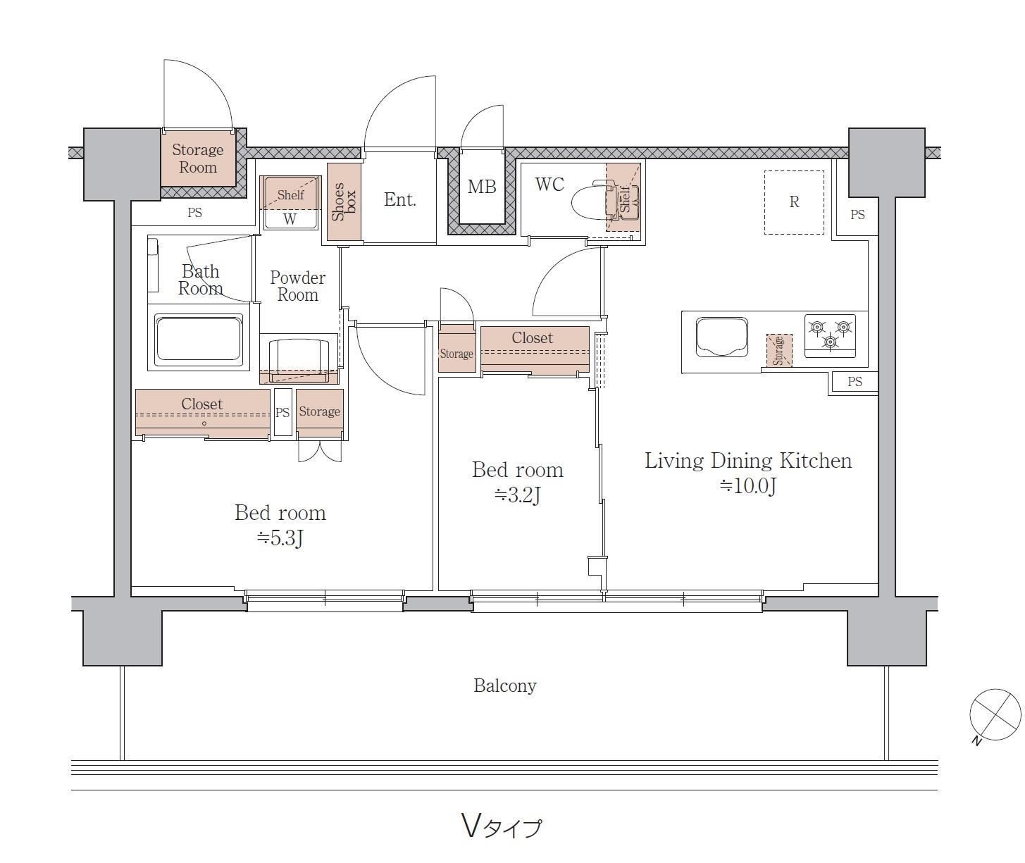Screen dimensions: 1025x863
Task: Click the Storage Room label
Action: [x=198, y=158]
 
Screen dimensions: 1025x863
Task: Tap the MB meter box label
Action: [x=482, y=187]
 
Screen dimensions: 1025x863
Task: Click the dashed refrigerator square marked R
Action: [x=794, y=201]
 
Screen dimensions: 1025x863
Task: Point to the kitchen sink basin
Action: [x=722, y=337]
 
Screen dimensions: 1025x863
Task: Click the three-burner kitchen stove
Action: [x=830, y=336]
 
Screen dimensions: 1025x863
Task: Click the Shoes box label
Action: [x=344, y=201]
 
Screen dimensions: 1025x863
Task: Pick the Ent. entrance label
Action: [x=399, y=199]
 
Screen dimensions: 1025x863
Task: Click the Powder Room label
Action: [x=297, y=286]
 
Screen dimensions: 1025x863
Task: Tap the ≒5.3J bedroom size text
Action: [x=280, y=538]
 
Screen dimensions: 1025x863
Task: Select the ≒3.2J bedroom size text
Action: [x=517, y=496]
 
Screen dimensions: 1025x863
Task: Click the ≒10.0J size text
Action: [x=747, y=486]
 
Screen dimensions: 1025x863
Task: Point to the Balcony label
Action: [x=504, y=685]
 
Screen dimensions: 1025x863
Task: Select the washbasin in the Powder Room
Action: [x=299, y=357]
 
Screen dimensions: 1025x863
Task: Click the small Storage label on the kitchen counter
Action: [x=779, y=351]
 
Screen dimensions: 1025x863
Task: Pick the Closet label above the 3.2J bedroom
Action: [x=532, y=337]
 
